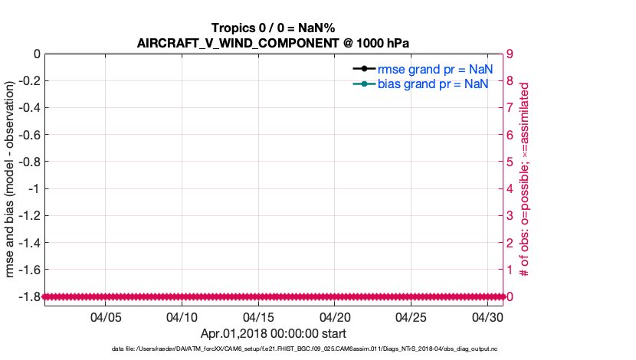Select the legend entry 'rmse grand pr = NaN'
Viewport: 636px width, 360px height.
(433, 69)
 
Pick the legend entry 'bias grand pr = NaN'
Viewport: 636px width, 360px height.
(433, 83)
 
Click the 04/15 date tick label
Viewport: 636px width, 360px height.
(259, 316)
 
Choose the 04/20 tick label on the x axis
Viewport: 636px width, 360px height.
(336, 316)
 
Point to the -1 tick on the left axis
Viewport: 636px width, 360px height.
(34, 188)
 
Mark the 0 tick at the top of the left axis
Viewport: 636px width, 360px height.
(37, 54)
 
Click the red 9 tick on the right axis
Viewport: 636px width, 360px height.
(510, 54)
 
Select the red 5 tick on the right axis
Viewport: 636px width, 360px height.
(510, 162)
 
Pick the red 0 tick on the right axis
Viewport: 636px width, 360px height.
(510, 296)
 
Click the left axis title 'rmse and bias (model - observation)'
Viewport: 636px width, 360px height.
(11, 175)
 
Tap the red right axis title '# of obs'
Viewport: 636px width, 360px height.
(525, 180)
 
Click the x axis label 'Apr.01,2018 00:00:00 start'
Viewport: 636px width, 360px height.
(274, 333)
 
